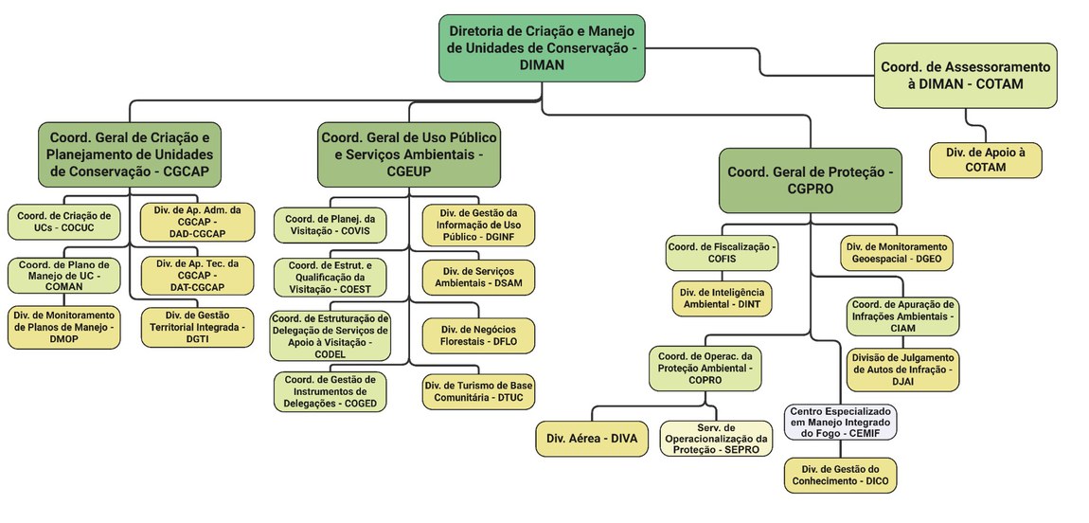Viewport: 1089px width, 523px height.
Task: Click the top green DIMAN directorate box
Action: click(542, 46)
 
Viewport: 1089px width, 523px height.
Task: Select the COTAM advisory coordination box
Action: click(965, 76)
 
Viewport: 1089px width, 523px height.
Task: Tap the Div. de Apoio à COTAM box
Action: click(985, 159)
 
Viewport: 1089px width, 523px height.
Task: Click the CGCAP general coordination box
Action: click(130, 153)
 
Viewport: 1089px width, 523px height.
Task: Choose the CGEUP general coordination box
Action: click(408, 153)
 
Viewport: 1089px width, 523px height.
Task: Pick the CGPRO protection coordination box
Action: click(811, 180)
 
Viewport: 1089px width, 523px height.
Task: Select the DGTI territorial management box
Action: click(198, 327)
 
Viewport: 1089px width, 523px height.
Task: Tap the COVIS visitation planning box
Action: click(331, 225)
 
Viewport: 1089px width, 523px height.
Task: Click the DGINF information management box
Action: click(478, 225)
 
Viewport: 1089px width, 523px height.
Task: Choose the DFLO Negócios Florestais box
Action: click(478, 335)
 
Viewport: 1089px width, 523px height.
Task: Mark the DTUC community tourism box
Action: click(478, 392)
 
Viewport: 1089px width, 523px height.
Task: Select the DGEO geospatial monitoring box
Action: click(896, 253)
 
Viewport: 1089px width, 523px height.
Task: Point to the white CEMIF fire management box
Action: click(840, 421)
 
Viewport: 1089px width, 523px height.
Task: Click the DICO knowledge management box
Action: click(840, 476)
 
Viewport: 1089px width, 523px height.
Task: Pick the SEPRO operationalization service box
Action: click(716, 439)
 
